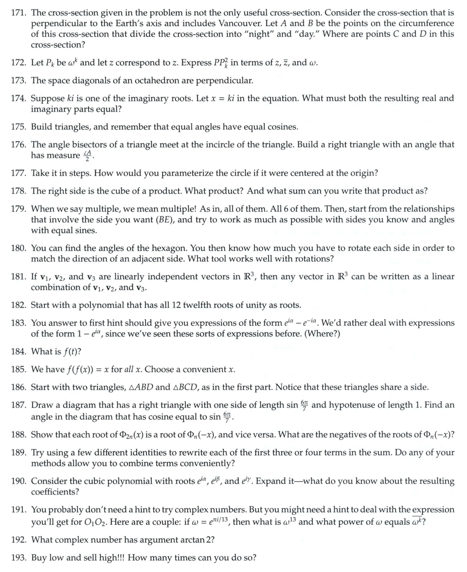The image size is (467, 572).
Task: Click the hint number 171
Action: (18, 13)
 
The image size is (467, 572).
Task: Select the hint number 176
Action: (18, 144)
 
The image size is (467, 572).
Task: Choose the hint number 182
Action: (18, 305)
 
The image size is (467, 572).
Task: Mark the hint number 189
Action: (18, 452)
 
